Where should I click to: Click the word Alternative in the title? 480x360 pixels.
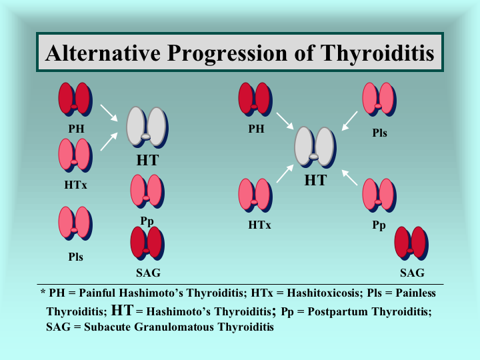point(103,53)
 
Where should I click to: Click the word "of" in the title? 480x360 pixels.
point(304,53)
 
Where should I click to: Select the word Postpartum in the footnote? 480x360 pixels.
point(337,312)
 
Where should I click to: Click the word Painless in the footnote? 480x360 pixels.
point(415,293)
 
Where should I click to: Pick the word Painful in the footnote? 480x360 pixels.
point(97,293)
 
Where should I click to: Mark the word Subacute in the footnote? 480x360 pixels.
point(107,327)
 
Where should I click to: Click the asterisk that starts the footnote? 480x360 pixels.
point(43,291)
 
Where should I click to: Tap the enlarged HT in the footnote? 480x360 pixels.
point(122,310)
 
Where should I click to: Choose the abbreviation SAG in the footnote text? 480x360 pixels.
point(58,327)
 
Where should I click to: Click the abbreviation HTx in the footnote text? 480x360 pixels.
point(262,293)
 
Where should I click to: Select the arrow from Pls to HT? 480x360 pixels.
point(349,121)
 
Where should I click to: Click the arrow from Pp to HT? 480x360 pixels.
point(349,177)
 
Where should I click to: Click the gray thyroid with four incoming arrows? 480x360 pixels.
point(315,147)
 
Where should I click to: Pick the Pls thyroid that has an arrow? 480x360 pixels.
point(379,99)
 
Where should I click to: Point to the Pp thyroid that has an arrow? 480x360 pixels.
point(379,195)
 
